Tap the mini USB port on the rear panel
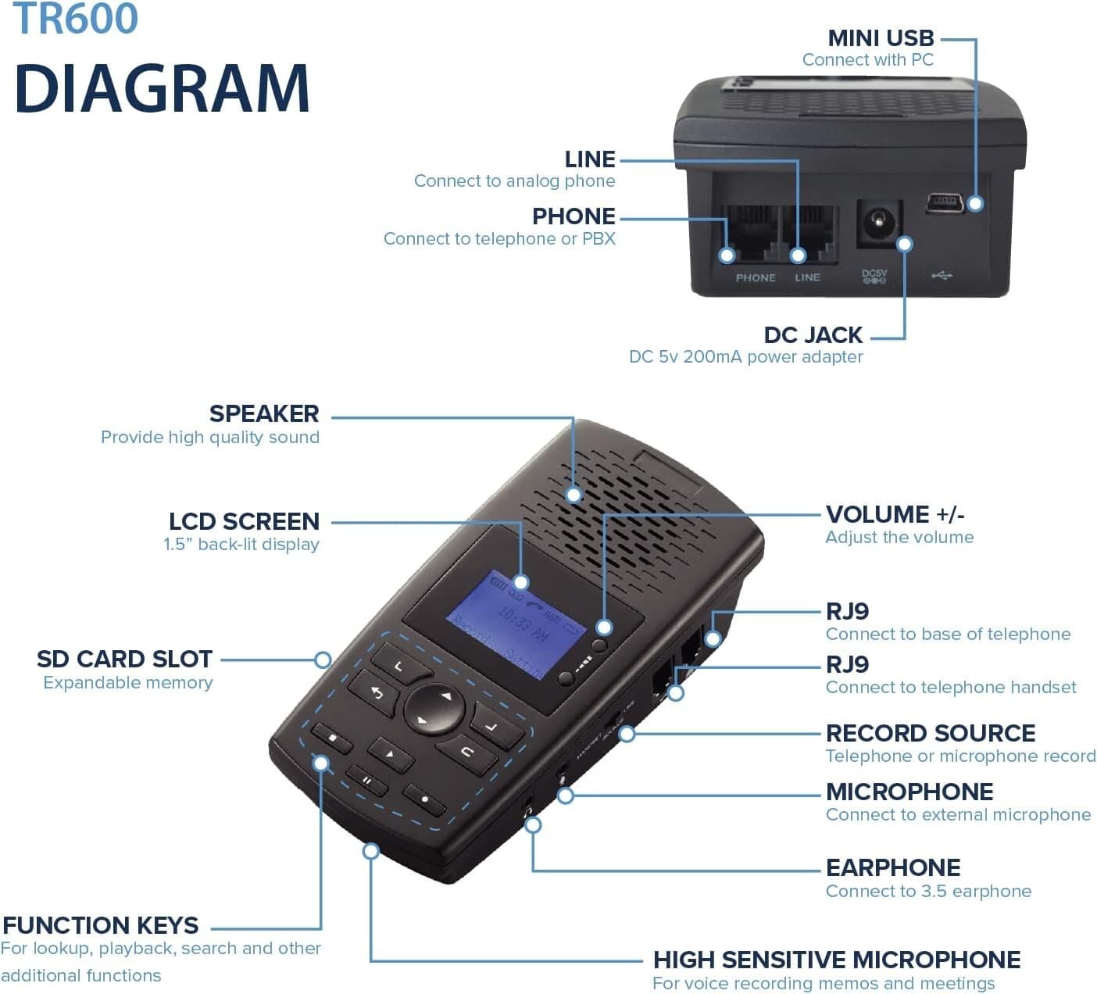(x=944, y=204)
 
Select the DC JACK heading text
(x=813, y=334)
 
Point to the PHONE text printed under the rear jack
(x=755, y=277)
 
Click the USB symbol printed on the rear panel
(x=942, y=276)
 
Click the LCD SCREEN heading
(x=244, y=521)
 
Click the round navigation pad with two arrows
(x=434, y=707)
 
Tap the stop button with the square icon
(x=331, y=736)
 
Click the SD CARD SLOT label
(x=124, y=659)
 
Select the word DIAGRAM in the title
(x=163, y=88)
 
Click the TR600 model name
(x=76, y=19)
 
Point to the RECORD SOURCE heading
(x=930, y=733)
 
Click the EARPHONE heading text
(x=892, y=867)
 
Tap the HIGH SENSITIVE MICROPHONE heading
(x=836, y=960)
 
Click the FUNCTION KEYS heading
(x=100, y=925)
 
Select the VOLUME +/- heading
(x=895, y=514)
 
